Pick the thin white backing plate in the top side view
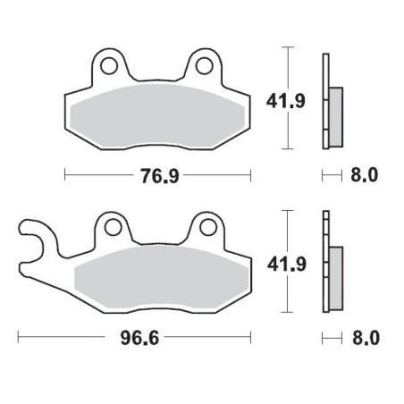pyautogui.click(x=325, y=98)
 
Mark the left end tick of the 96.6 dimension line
pyautogui.click(x=20, y=339)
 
